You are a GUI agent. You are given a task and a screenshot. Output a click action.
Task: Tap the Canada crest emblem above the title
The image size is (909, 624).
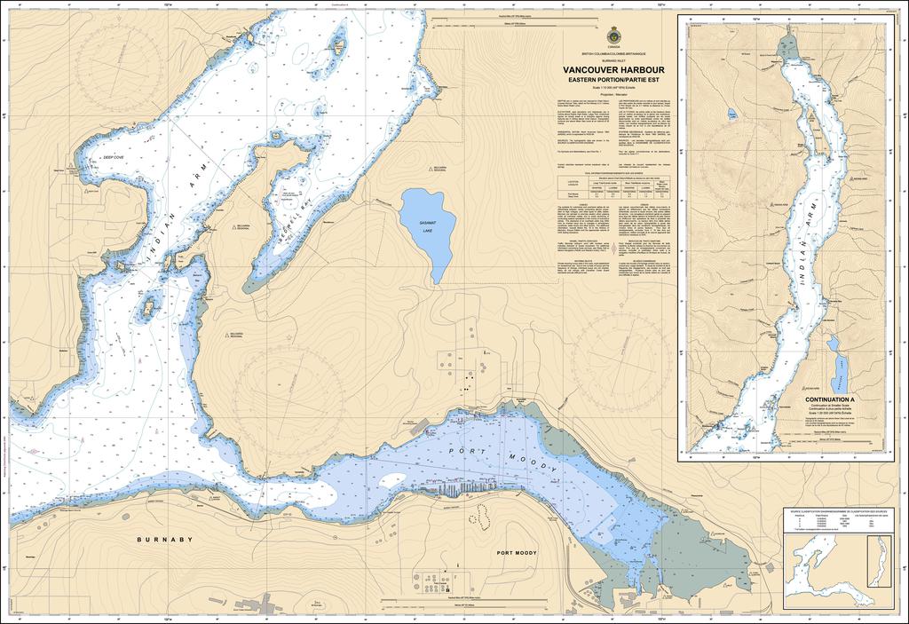point(615,37)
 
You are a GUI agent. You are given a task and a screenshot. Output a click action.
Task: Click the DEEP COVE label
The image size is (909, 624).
point(114,157)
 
